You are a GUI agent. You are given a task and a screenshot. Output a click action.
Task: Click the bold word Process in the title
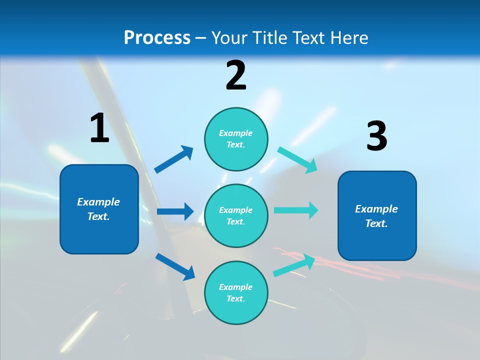[x=157, y=37]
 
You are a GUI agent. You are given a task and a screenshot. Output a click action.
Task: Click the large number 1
[x=99, y=128]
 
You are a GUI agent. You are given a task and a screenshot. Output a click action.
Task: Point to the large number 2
[x=236, y=75]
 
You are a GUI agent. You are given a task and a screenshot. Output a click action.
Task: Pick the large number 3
[x=376, y=136]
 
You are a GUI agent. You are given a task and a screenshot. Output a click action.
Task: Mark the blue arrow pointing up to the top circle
[x=174, y=159]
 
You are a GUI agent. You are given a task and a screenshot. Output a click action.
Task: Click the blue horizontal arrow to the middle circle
[x=175, y=211]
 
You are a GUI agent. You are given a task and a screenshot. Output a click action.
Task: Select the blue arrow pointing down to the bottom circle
[x=175, y=266]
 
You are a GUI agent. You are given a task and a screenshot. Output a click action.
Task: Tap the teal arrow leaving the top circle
[x=297, y=160]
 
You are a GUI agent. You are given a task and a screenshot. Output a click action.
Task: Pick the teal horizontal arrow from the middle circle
[x=296, y=210]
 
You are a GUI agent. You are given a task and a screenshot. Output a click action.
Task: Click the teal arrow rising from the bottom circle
[x=294, y=265]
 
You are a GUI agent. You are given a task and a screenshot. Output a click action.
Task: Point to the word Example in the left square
[x=98, y=202]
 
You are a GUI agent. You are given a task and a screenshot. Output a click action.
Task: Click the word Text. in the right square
[x=376, y=223]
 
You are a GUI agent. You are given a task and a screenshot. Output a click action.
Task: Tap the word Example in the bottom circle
[x=235, y=287]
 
